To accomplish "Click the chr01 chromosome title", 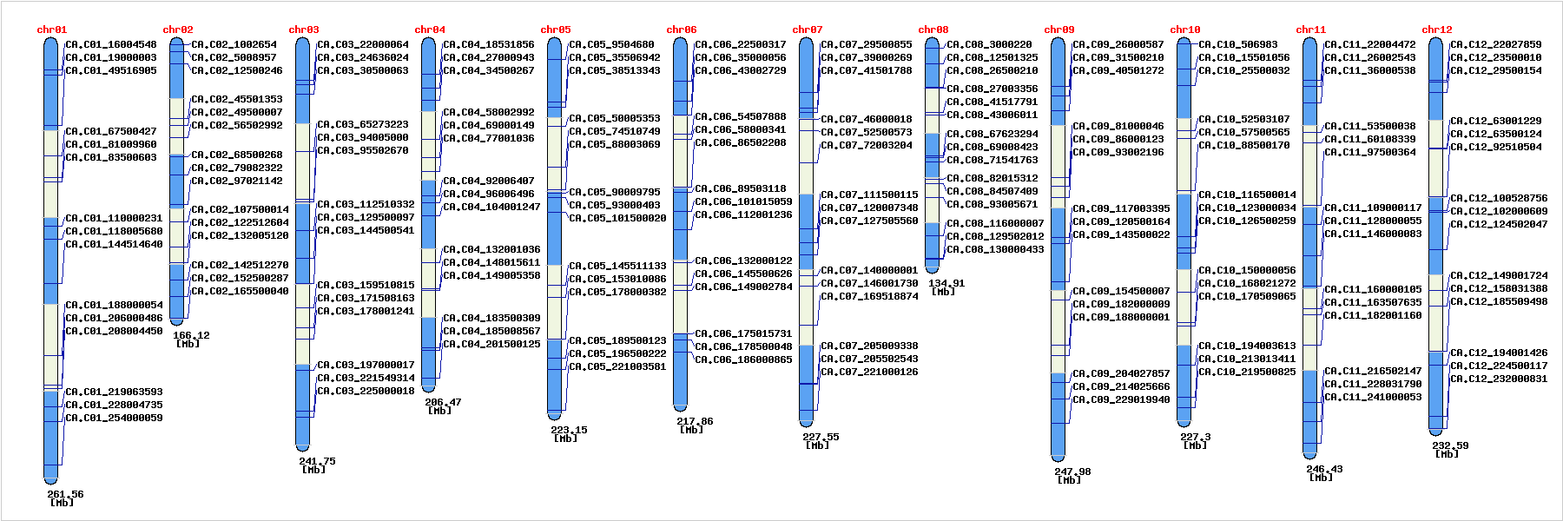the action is (x=52, y=30).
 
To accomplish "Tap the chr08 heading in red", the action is (x=933, y=30).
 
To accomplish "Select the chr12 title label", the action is (x=1437, y=30).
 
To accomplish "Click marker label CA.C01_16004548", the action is (x=111, y=44).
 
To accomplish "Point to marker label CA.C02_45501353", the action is (x=237, y=99).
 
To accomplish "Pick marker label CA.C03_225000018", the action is (x=366, y=391).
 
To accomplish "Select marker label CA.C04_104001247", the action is (x=491, y=207).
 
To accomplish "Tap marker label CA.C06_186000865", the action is (x=743, y=359).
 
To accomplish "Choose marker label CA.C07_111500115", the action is (x=869, y=195).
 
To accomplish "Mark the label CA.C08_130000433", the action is (x=995, y=249).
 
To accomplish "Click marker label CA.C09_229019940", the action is (x=1121, y=399).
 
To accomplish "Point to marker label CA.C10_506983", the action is (x=1238, y=44).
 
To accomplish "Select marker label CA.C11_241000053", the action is (x=1373, y=397).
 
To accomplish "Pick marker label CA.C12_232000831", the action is (x=1499, y=379).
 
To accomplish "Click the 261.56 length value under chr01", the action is (x=65, y=494).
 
